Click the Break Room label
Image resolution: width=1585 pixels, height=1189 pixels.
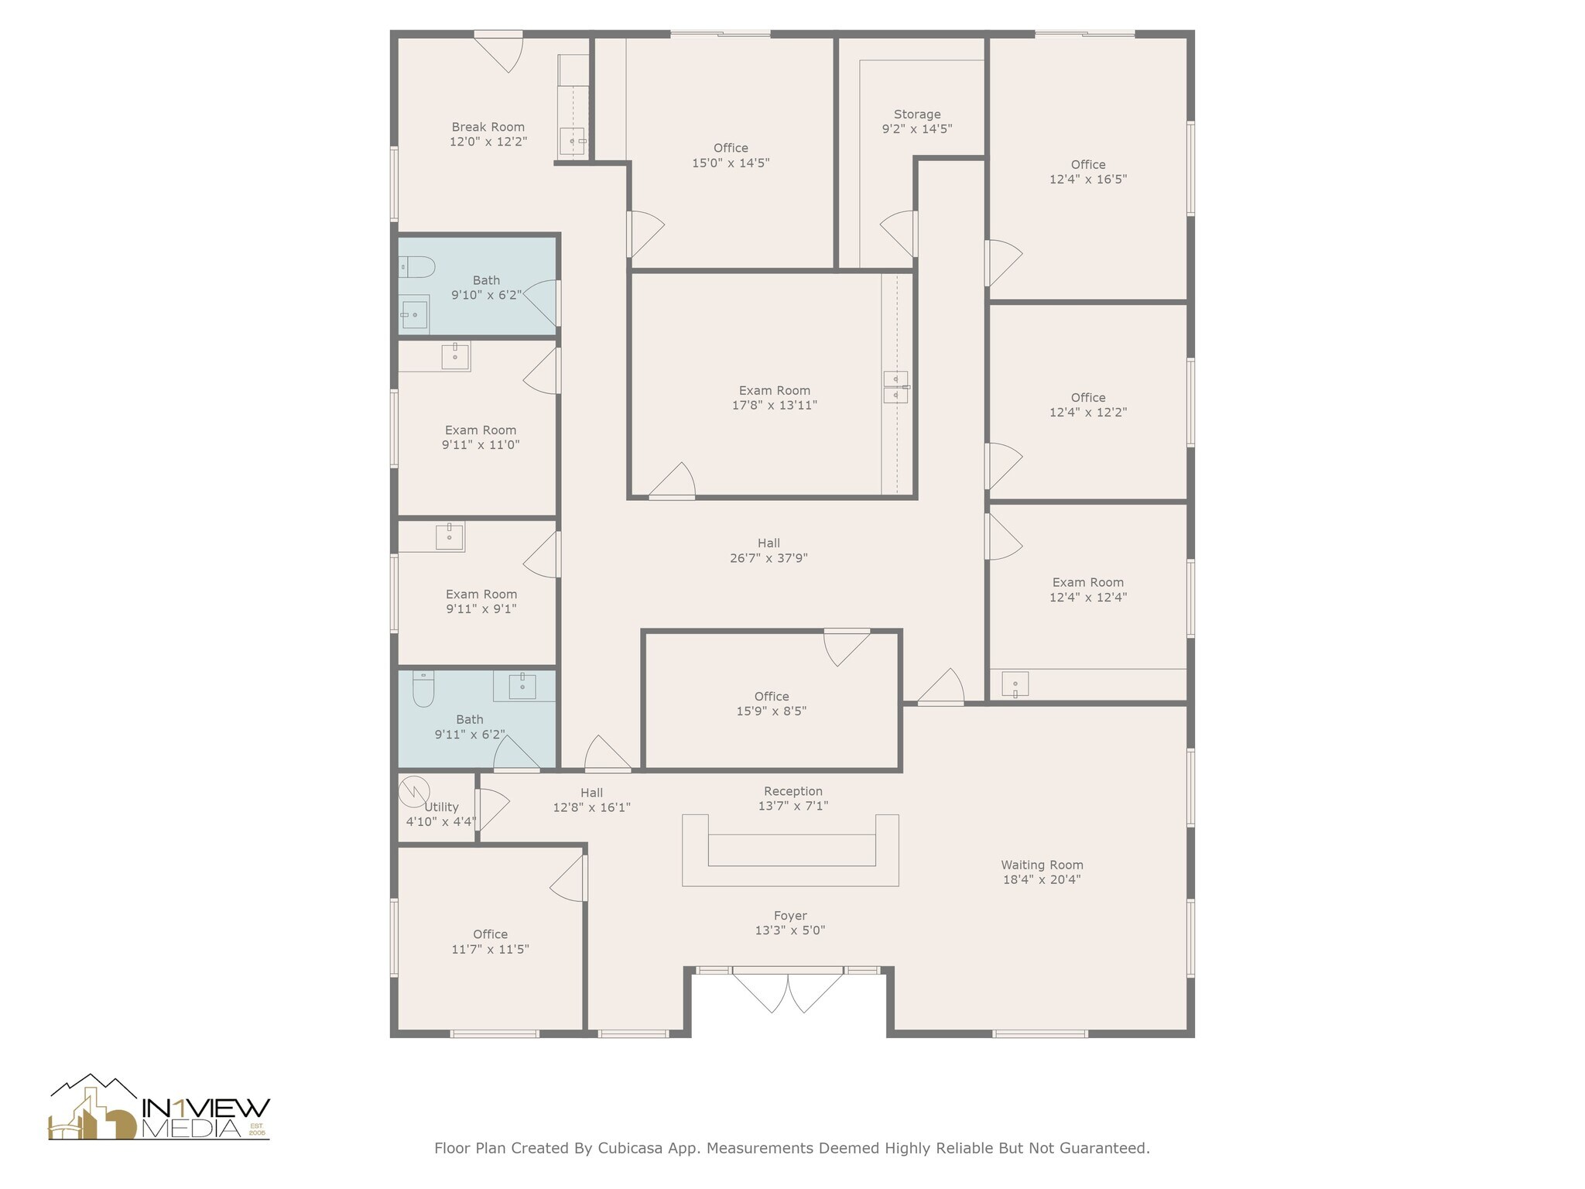coord(488,127)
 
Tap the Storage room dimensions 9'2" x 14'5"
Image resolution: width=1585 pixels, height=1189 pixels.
coord(916,129)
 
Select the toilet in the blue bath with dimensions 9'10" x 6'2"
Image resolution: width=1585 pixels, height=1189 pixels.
coord(417,267)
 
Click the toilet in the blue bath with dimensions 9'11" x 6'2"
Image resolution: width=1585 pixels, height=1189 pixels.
coord(423,688)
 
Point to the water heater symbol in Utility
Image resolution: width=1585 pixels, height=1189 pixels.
coord(414,791)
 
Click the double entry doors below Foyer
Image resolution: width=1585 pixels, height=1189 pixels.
coord(788,991)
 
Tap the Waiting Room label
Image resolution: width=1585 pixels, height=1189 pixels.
coord(1042,865)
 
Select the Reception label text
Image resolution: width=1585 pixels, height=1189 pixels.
coord(792,791)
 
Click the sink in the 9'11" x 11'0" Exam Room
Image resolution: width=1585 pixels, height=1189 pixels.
coord(455,357)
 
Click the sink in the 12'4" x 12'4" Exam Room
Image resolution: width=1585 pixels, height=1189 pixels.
coord(1015,684)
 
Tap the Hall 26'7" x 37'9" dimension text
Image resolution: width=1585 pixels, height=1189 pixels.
coord(769,558)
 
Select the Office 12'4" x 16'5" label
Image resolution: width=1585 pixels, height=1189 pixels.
coord(1087,165)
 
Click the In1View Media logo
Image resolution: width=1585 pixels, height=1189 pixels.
coord(159,1108)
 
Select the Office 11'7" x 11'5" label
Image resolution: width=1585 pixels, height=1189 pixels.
coord(490,934)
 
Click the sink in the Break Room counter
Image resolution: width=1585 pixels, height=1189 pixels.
coord(573,141)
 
